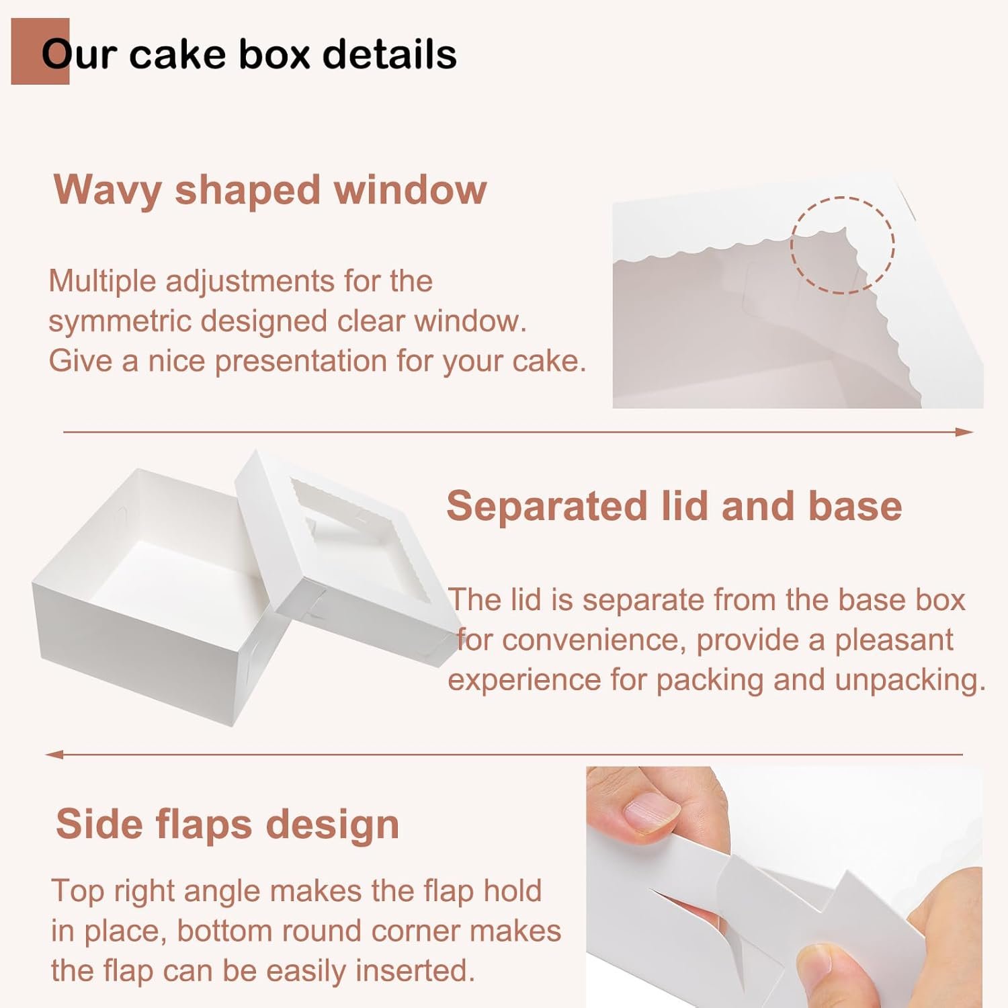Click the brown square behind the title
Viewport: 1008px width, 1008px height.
coord(40,51)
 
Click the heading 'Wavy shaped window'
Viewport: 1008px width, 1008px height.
coord(270,190)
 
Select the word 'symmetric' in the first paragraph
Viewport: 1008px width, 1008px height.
coord(119,321)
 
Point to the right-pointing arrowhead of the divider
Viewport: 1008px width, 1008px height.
coord(965,432)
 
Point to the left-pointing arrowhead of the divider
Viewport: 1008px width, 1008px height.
coord(54,755)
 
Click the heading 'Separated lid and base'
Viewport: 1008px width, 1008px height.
coord(674,505)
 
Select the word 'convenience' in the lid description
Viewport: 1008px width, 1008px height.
coord(593,640)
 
